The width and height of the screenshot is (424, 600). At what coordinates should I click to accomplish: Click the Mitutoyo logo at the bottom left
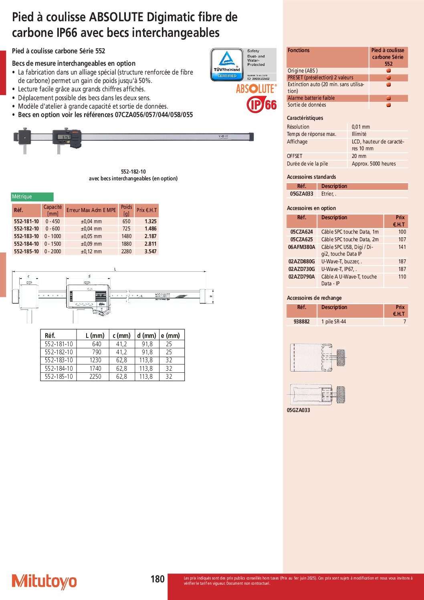tap(44, 582)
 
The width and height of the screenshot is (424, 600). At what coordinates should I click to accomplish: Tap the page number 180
tap(157, 579)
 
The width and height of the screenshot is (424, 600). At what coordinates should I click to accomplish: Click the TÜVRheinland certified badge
tap(227, 65)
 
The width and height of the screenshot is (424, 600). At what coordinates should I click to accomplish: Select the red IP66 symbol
tap(262, 105)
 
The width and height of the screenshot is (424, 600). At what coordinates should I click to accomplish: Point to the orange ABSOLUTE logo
tap(256, 89)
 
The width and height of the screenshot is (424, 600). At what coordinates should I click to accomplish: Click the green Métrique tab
tap(32, 197)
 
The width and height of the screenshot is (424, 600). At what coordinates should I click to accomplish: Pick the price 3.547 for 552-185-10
tap(150, 252)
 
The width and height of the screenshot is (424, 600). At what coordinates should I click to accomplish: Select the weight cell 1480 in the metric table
tap(126, 236)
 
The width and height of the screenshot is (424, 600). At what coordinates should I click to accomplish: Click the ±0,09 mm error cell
tap(91, 244)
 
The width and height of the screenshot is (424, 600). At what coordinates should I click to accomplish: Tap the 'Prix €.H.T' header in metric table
tap(147, 210)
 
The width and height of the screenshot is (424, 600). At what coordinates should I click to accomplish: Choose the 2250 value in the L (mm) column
tap(95, 377)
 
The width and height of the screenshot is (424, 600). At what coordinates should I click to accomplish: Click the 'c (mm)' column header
tap(121, 335)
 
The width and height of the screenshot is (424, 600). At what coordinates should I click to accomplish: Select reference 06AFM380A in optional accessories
tap(302, 247)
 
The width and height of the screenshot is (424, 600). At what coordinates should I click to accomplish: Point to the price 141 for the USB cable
tap(402, 247)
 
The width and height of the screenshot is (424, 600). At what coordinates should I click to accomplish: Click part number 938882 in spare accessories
tap(302, 322)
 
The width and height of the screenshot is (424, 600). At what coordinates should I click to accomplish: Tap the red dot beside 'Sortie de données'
tap(388, 105)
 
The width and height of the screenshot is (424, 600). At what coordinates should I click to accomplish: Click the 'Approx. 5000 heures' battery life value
tap(374, 164)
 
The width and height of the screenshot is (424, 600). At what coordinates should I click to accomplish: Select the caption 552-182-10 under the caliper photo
tap(133, 172)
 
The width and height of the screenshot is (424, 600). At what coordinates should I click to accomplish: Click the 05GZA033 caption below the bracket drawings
tap(299, 410)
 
